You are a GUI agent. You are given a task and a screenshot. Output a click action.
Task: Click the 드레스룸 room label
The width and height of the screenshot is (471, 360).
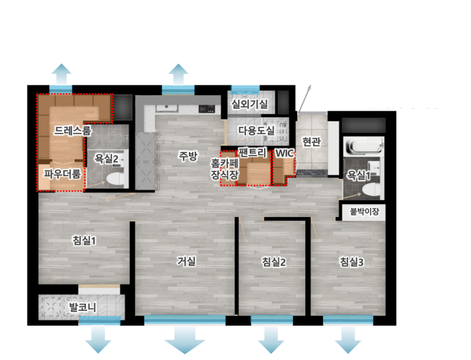click(x=72, y=130)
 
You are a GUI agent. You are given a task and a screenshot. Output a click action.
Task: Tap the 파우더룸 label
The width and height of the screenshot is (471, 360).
click(x=63, y=174)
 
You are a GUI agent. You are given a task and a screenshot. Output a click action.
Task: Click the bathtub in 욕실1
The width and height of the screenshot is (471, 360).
click(x=364, y=146)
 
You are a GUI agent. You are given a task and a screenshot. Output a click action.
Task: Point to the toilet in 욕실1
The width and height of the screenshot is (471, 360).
click(x=371, y=190)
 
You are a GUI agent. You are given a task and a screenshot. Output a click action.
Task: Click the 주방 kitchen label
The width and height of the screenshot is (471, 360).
click(x=188, y=155)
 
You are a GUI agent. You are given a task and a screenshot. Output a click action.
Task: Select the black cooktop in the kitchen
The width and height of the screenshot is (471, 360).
click(x=206, y=109)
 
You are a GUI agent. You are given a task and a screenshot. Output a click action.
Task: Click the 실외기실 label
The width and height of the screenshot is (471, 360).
click(x=249, y=104)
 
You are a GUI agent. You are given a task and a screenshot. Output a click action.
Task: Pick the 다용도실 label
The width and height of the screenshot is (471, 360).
click(x=256, y=130)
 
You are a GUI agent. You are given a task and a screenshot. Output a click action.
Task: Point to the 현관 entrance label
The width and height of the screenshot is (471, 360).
click(x=311, y=141)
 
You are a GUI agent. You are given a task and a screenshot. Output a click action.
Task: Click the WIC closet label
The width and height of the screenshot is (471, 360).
click(x=284, y=153)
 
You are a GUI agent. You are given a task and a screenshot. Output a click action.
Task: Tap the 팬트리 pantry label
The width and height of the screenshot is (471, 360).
click(x=252, y=152)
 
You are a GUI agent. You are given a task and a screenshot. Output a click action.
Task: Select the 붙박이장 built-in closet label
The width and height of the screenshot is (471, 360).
click(x=364, y=212)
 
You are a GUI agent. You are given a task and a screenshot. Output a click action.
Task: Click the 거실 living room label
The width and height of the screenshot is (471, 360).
click(x=186, y=261)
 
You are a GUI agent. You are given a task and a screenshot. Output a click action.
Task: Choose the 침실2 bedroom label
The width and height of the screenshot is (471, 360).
click(x=274, y=262)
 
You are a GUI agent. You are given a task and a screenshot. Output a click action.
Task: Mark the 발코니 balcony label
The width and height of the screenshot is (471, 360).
click(x=83, y=308)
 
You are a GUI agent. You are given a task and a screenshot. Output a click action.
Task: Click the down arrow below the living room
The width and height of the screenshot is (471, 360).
click(x=185, y=339)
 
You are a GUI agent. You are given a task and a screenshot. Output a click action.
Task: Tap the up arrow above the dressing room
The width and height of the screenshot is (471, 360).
click(x=61, y=74)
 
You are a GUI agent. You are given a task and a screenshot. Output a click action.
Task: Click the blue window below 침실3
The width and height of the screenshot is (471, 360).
click(x=348, y=320)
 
